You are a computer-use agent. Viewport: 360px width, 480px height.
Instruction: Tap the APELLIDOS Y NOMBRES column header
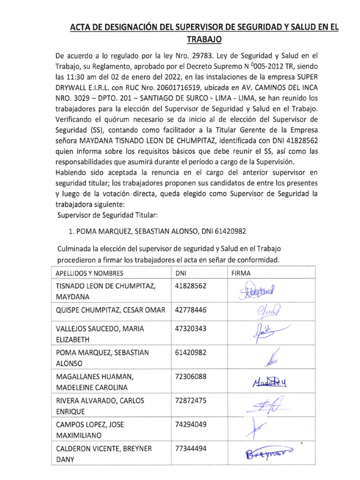pyautogui.click(x=90, y=273)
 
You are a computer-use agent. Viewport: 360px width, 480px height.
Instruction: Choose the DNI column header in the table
pyautogui.click(x=180, y=273)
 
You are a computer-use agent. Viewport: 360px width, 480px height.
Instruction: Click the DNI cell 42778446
pyautogui.click(x=190, y=310)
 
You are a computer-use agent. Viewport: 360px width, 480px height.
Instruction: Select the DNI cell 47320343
pyautogui.click(x=190, y=329)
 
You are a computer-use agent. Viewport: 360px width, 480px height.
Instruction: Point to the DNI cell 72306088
pyautogui.click(x=190, y=376)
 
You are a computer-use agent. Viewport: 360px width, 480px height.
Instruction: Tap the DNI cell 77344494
pyautogui.click(x=190, y=449)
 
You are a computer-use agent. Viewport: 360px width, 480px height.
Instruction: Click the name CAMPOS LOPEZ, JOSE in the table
pyautogui.click(x=90, y=425)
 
